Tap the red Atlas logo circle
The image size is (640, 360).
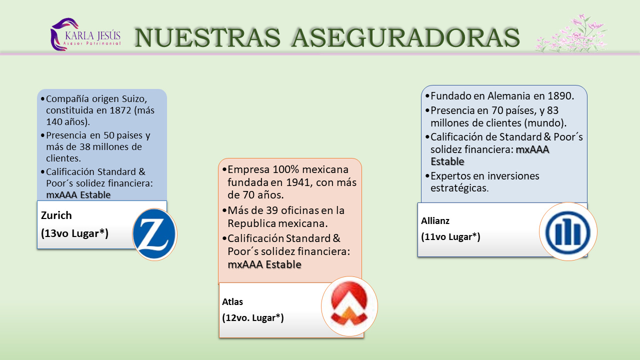tap(349, 306)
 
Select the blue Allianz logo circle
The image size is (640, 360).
tap(568, 231)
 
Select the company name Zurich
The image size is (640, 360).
tap(56, 215)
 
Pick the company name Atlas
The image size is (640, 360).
tap(232, 301)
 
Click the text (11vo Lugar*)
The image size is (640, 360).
tap(450, 236)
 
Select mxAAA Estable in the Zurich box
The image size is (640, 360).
tap(78, 194)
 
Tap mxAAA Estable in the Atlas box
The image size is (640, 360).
tap(264, 264)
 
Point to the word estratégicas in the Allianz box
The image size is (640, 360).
tap(459, 188)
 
